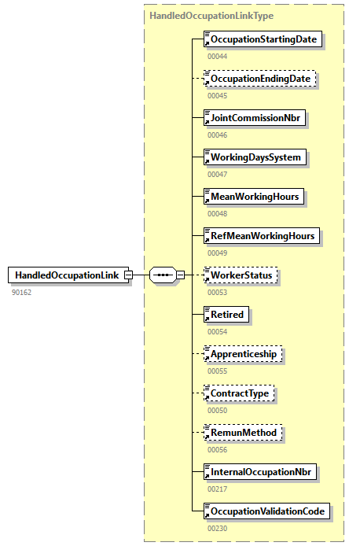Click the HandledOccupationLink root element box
pyautogui.click(x=68, y=275)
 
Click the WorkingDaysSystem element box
pyautogui.click(x=255, y=157)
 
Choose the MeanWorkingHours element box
pyautogui.click(x=254, y=197)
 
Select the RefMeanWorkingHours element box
pyautogui.click(x=262, y=236)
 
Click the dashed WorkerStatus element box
pyautogui.click(x=241, y=275)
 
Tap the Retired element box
pyautogui.click(x=227, y=315)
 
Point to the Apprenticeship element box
pyautogui.click(x=243, y=354)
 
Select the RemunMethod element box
pyautogui.click(x=242, y=433)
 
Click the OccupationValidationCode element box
pyautogui.click(x=266, y=511)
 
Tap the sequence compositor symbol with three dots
pyautogui.click(x=163, y=275)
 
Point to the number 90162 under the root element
pyautogui.click(x=21, y=293)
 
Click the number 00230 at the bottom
pyautogui.click(x=218, y=529)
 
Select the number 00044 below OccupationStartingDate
pyautogui.click(x=218, y=57)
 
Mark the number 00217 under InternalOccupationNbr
pyautogui.click(x=218, y=489)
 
